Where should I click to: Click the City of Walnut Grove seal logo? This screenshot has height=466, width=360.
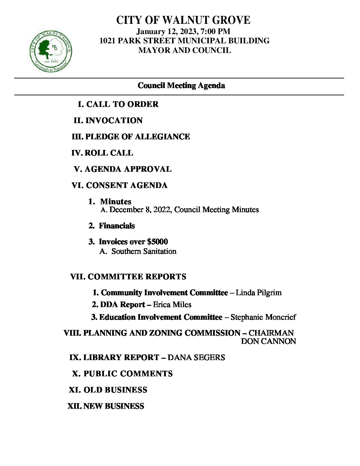pyautogui.click(x=51, y=52)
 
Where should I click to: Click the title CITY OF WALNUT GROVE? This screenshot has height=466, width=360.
pyautogui.click(x=183, y=21)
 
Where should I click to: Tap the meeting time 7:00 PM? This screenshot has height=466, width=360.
pyautogui.click(x=218, y=32)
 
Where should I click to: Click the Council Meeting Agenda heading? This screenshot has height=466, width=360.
pyautogui.click(x=181, y=86)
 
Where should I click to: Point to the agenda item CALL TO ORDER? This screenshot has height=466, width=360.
pyautogui.click(x=122, y=104)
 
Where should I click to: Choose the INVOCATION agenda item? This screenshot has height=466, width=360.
pyautogui.click(x=114, y=120)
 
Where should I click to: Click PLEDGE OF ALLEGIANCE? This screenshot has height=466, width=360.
pyautogui.click(x=138, y=137)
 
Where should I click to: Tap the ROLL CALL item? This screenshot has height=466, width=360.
pyautogui.click(x=109, y=153)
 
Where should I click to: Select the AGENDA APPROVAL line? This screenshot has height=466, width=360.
pyautogui.click(x=128, y=169)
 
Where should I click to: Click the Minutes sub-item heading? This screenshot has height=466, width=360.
pyautogui.click(x=115, y=202)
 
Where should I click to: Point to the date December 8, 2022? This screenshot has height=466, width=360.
pyautogui.click(x=140, y=210)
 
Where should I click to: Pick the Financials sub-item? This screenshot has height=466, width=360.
pyautogui.click(x=116, y=226)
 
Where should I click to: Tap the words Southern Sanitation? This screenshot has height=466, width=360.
pyautogui.click(x=144, y=252)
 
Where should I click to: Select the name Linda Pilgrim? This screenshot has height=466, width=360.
pyautogui.click(x=258, y=293)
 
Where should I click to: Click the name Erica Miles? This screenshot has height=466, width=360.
pyautogui.click(x=172, y=305)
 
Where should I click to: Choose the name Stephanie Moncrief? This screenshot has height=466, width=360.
pyautogui.click(x=263, y=317)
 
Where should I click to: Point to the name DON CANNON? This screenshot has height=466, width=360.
pyautogui.click(x=268, y=342)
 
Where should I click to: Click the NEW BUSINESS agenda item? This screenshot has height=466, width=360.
pyautogui.click(x=113, y=406)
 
